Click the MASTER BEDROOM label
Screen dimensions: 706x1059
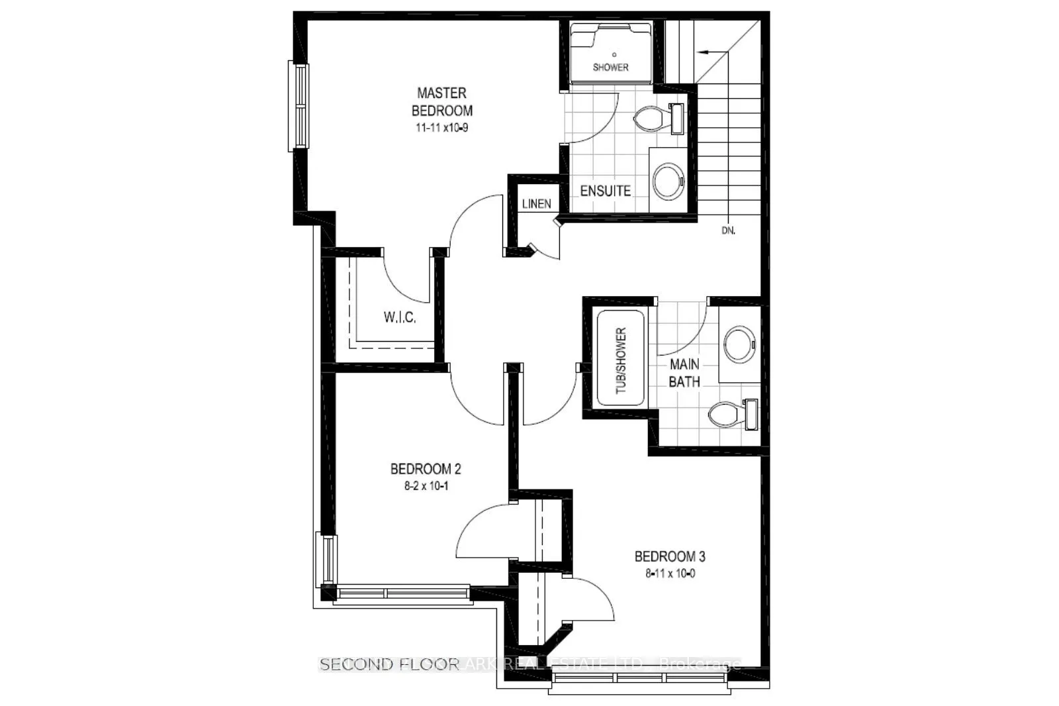pyautogui.click(x=441, y=101)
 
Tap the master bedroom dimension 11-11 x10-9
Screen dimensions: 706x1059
pyautogui.click(x=441, y=128)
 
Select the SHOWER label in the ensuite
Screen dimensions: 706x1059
pyautogui.click(x=610, y=67)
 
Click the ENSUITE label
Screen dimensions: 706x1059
pyautogui.click(x=605, y=191)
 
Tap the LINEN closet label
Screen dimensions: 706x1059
pyautogui.click(x=536, y=203)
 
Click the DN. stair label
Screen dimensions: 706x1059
pyautogui.click(x=728, y=231)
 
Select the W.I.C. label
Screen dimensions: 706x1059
pyautogui.click(x=400, y=317)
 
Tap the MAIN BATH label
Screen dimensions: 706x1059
pyautogui.click(x=684, y=373)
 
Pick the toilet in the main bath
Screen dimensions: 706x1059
pyautogui.click(x=731, y=415)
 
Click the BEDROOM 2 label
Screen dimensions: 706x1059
pyautogui.click(x=426, y=469)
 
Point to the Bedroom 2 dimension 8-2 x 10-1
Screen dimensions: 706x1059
pyautogui.click(x=426, y=485)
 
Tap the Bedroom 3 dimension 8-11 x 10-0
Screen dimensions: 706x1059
pyautogui.click(x=670, y=574)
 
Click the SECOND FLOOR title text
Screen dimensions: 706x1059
pyautogui.click(x=389, y=664)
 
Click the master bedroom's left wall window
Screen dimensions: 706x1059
pyautogui.click(x=299, y=106)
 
